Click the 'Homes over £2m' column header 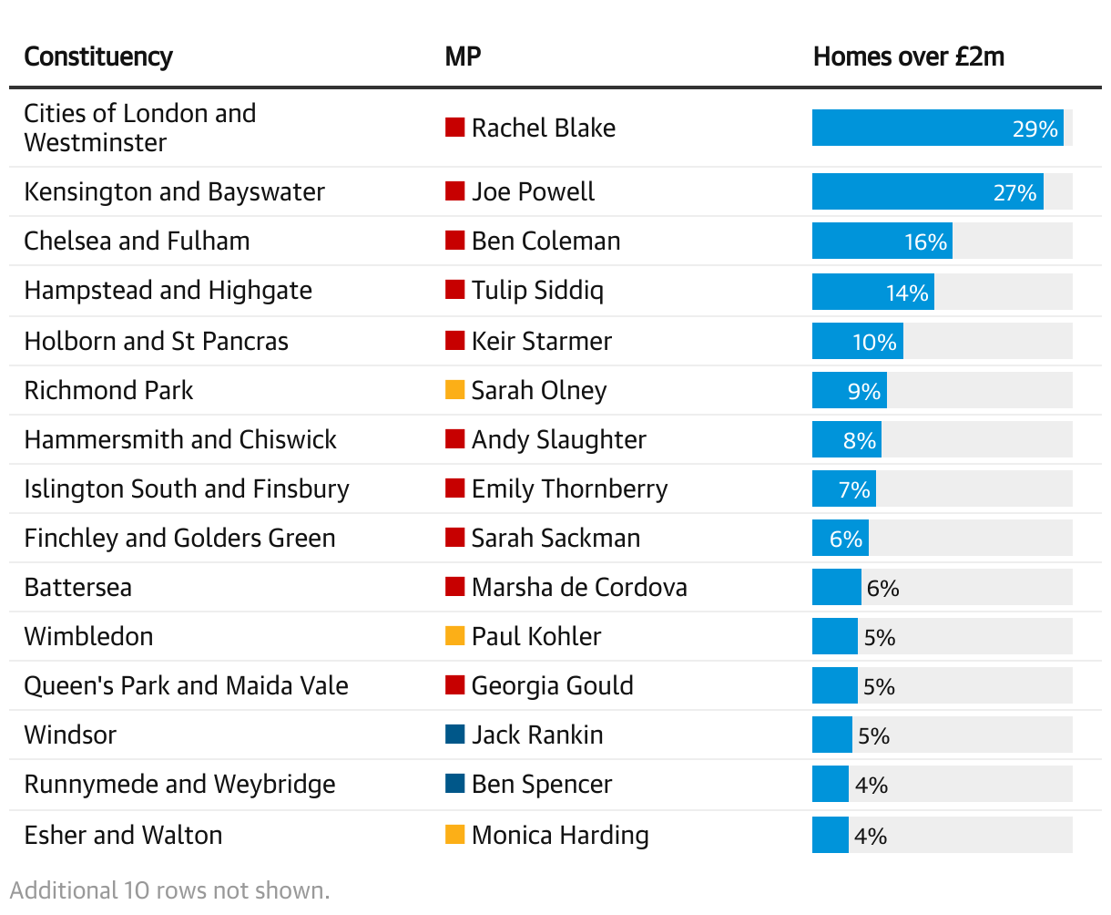(x=908, y=57)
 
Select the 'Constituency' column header (x=97, y=57)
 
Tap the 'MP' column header (x=463, y=57)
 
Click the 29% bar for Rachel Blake (x=937, y=128)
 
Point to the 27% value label (x=1014, y=192)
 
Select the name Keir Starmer (x=542, y=341)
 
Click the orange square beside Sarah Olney (x=454, y=390)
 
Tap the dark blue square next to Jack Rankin (x=454, y=735)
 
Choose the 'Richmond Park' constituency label (x=108, y=390)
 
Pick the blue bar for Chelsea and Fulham (x=882, y=242)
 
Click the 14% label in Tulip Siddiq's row (x=907, y=293)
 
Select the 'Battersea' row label (x=77, y=587)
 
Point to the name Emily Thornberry (x=569, y=488)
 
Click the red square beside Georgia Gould (x=454, y=685)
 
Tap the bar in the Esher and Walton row (x=830, y=835)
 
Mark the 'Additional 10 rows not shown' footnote (x=170, y=890)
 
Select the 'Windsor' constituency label (x=70, y=735)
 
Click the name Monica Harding (x=560, y=835)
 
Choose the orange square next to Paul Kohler (x=454, y=636)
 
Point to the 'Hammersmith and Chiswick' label (x=180, y=439)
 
